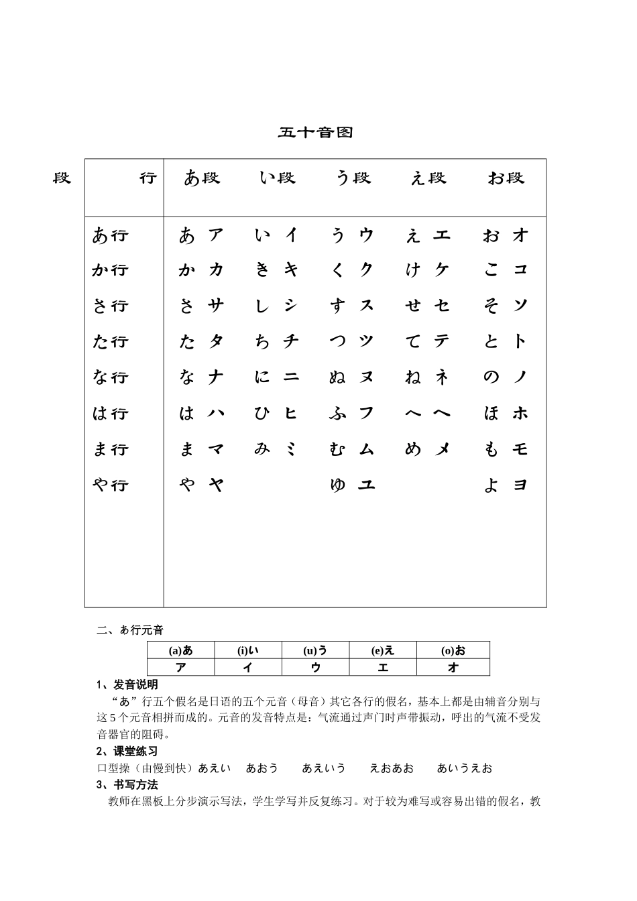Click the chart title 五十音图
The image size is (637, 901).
315,132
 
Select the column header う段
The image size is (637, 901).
353,178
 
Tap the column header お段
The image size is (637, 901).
506,178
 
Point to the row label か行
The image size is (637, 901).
110,270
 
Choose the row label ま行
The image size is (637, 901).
110,449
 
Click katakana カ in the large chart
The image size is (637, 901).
216,269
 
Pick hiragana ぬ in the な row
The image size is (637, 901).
337,377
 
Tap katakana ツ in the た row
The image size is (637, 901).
366,341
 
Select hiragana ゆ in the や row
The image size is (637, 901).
337,485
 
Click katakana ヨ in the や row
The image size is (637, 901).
520,485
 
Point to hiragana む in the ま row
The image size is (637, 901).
337,449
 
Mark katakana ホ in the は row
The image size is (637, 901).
520,413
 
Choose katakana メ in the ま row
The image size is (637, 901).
443,449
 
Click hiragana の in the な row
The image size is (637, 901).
491,377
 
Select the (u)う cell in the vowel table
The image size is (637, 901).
315,650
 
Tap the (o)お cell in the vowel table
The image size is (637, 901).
453,650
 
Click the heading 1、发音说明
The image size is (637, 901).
127,684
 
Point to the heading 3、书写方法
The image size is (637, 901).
127,784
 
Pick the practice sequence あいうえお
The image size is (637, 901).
464,768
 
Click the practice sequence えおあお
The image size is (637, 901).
392,768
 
